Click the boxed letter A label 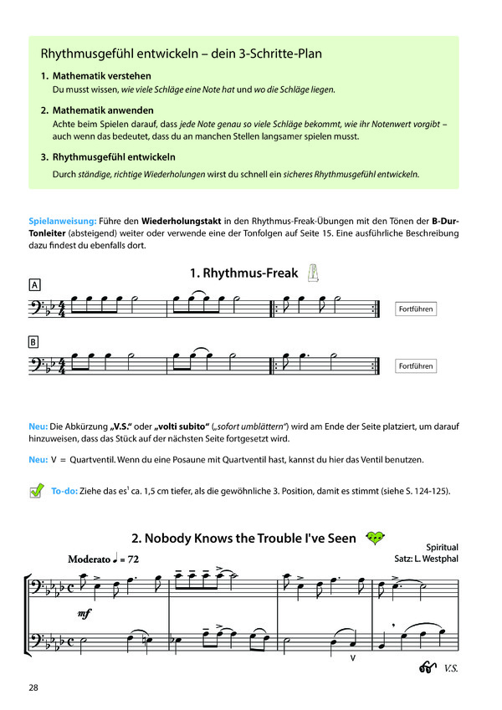click(34, 284)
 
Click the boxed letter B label click(34, 341)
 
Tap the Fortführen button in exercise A click(416, 309)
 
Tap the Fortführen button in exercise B click(416, 366)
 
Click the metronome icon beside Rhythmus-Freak click(314, 272)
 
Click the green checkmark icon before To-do click(36, 491)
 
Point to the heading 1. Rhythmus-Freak click(238, 273)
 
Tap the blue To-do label click(64, 491)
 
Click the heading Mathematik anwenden click(104, 110)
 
